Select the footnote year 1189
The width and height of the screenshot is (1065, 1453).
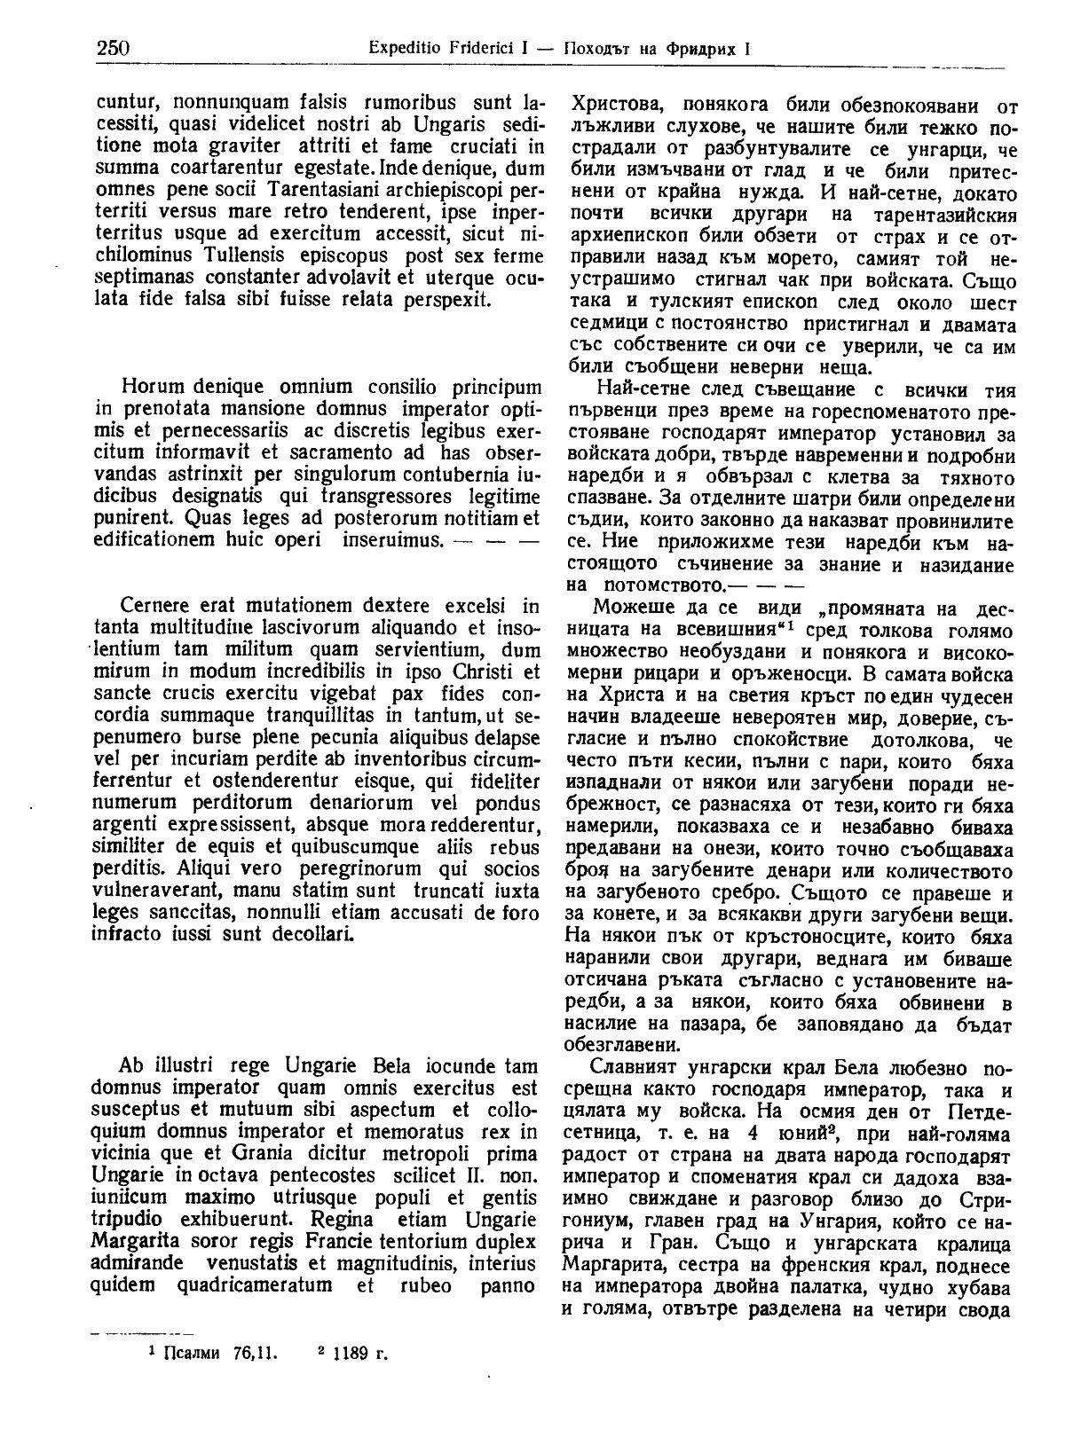[x=352, y=1354]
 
